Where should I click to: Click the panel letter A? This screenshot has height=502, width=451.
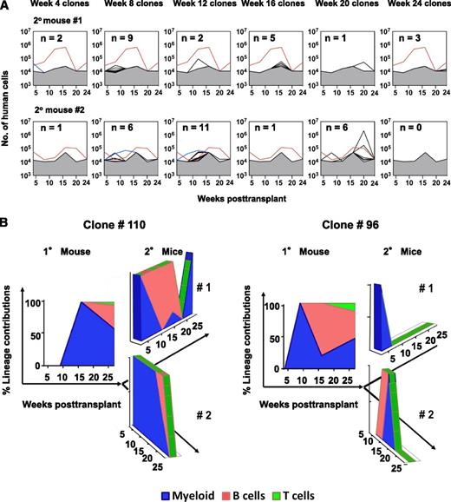(x=6, y=6)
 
